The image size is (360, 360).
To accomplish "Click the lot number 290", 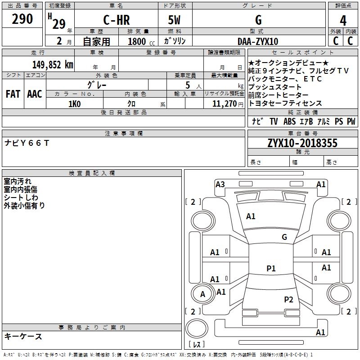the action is pyautogui.click(x=22, y=19).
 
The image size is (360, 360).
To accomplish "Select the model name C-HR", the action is pyautogui.click(x=117, y=20).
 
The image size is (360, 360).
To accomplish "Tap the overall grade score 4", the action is pyautogui.click(x=343, y=20).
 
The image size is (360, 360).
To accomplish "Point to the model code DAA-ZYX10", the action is pyautogui.click(x=258, y=41).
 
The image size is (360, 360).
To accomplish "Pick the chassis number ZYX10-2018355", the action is pyautogui.click(x=302, y=143).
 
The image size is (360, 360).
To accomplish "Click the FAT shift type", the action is pyautogui.click(x=13, y=94).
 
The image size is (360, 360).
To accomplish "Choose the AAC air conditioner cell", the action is pyautogui.click(x=35, y=94).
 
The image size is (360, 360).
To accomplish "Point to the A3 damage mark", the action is pyautogui.click(x=220, y=184).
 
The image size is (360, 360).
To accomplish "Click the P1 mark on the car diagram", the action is pyautogui.click(x=271, y=269).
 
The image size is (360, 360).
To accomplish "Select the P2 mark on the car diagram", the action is pyautogui.click(x=288, y=299).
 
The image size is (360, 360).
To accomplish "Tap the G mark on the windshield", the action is pyautogui.click(x=284, y=237).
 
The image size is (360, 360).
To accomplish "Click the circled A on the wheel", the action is pyautogui.click(x=202, y=294).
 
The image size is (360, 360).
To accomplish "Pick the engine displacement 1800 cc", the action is pyautogui.click(x=138, y=41).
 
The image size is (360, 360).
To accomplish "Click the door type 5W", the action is pyautogui.click(x=175, y=20).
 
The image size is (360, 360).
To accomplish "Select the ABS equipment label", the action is pyautogui.click(x=289, y=121).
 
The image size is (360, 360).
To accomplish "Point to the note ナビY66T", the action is pyautogui.click(x=27, y=143).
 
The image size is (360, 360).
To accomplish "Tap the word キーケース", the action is pyautogui.click(x=23, y=336).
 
